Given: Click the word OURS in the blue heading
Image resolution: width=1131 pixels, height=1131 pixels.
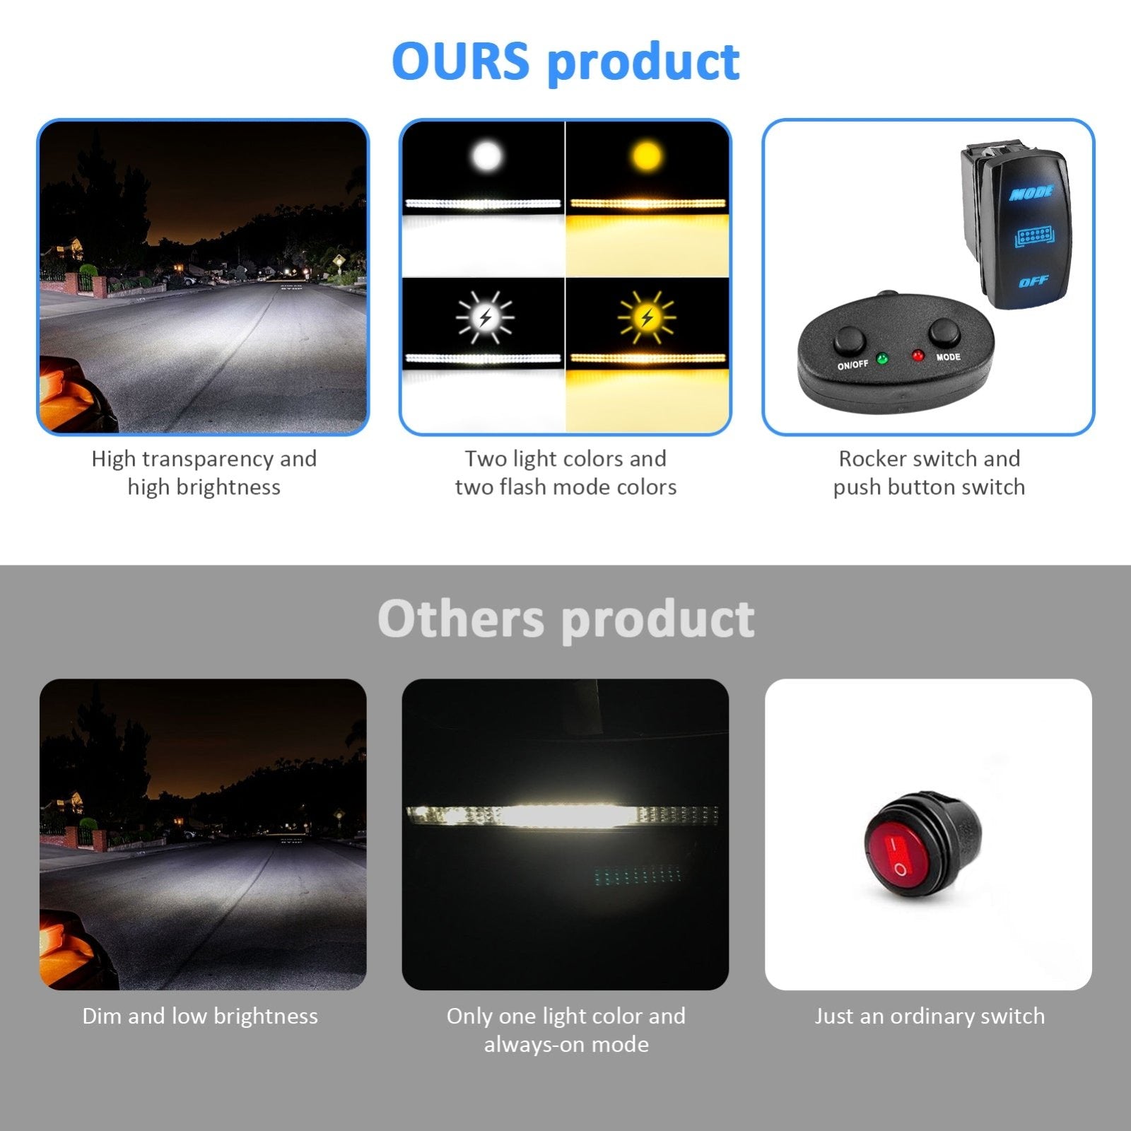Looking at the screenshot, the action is tap(460, 61).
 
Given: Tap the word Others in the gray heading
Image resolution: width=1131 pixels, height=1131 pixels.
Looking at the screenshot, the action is tap(461, 619).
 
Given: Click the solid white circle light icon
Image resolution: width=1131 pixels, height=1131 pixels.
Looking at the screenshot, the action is tap(486, 156).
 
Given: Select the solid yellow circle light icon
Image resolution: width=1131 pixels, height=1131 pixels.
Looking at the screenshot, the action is tap(647, 156).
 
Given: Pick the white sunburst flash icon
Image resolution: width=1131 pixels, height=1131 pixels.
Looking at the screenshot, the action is tap(485, 317).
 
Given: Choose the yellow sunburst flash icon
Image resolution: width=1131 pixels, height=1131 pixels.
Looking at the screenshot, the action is tap(646, 317).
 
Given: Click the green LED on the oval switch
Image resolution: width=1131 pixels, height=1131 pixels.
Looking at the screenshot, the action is tap(881, 358).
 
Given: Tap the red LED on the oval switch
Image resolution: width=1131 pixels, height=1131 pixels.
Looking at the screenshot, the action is tap(918, 354).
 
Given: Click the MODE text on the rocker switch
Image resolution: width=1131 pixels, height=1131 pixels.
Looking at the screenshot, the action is tap(1032, 192).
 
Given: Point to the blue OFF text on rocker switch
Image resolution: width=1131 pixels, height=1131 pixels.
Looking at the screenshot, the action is tap(1033, 281).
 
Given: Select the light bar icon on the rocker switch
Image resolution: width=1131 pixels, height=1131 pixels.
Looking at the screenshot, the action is tap(1034, 237).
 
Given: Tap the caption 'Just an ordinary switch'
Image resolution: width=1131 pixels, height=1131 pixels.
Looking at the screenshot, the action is tap(930, 1016).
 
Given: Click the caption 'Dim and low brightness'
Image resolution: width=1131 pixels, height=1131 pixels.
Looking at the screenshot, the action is tap(200, 1016).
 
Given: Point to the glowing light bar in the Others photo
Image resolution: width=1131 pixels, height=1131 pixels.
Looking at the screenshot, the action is tap(563, 816).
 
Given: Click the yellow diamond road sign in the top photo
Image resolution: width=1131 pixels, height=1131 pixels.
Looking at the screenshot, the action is tap(338, 259).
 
